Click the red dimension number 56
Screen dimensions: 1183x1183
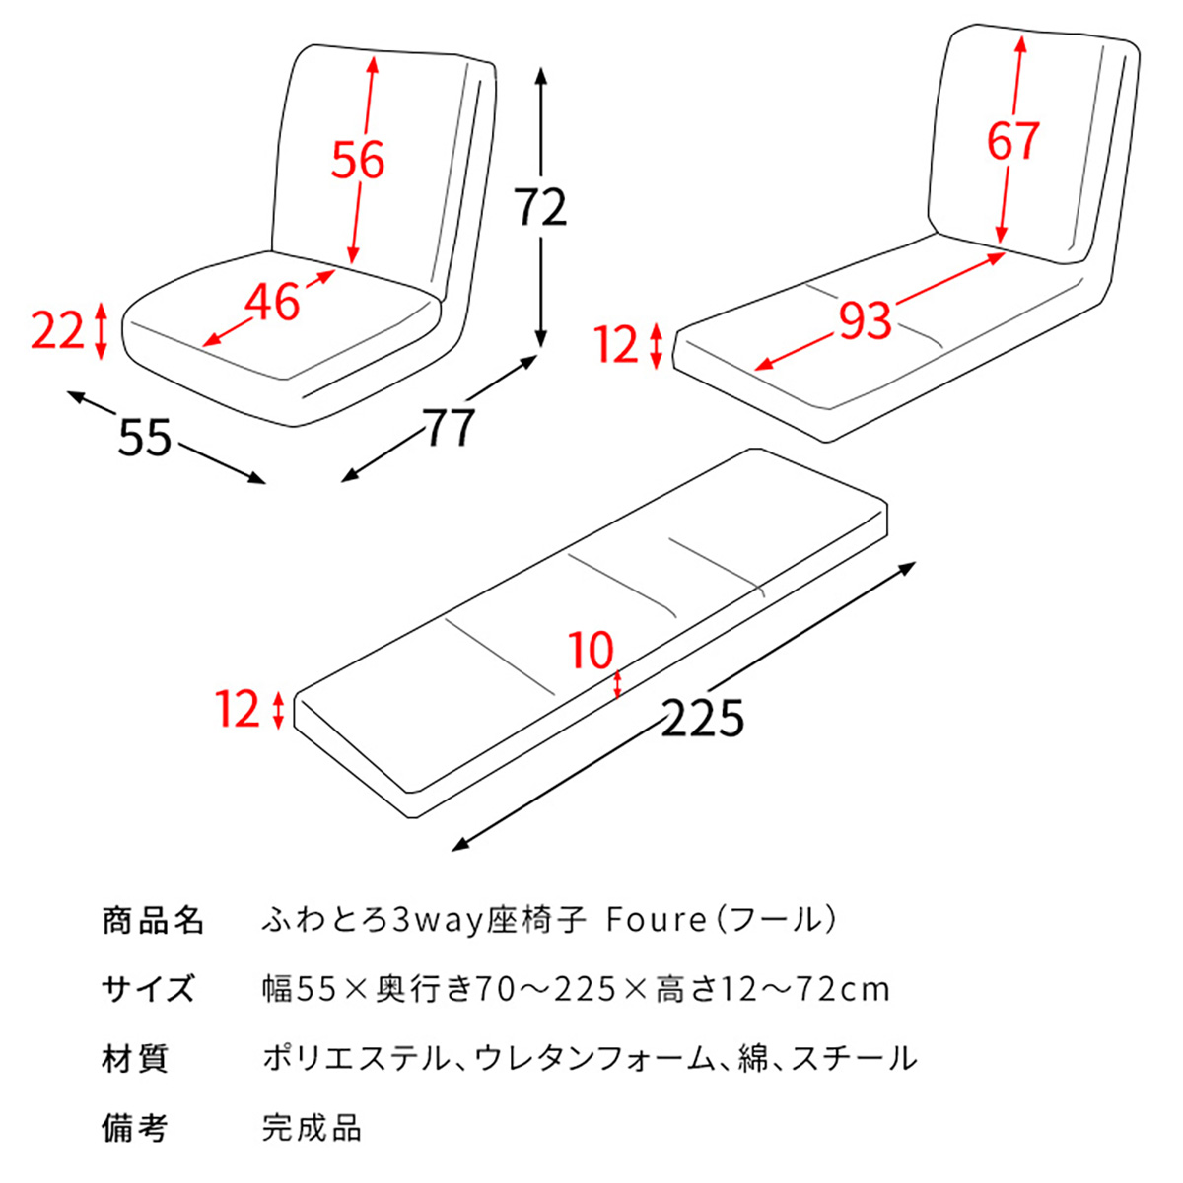(357, 160)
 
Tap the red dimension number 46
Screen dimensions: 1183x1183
(272, 303)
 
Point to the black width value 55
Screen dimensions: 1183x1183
(145, 438)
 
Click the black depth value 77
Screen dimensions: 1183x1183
(451, 427)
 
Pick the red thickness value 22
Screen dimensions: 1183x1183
(57, 331)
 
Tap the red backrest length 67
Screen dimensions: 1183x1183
(1013, 141)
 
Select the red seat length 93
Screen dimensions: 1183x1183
(865, 320)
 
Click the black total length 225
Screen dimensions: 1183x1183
(702, 719)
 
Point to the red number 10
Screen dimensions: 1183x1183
(591, 651)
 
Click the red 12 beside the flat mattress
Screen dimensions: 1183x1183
(238, 710)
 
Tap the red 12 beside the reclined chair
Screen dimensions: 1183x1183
(617, 345)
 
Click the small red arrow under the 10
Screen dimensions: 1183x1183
(617, 685)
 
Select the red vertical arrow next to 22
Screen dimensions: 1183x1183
(100, 331)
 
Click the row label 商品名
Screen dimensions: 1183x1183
(152, 920)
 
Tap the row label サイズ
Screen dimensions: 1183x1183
(148, 989)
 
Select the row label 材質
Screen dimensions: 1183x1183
(135, 1059)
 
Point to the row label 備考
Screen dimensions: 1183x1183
(135, 1128)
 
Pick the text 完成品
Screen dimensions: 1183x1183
(312, 1128)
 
